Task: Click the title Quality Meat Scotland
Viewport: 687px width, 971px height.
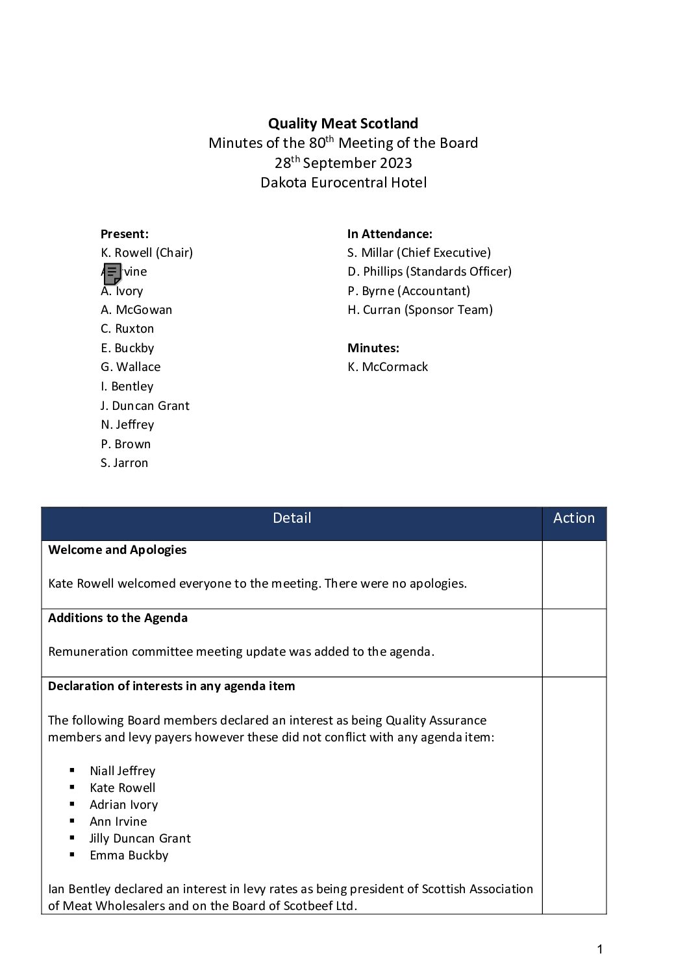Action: (343, 123)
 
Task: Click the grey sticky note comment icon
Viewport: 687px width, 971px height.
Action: (112, 273)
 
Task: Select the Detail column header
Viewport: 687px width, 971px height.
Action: (292, 518)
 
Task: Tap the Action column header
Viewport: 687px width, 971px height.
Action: (573, 518)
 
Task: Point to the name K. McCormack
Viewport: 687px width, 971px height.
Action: (388, 367)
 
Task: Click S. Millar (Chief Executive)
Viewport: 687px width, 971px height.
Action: (419, 253)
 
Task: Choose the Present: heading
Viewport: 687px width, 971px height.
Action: (125, 234)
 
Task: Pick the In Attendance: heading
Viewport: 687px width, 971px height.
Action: (390, 234)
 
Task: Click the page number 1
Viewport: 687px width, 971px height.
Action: (599, 950)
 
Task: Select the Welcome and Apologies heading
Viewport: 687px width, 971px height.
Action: (117, 550)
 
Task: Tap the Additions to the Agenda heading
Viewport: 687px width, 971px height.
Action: (118, 618)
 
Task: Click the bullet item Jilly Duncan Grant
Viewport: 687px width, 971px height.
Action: (140, 839)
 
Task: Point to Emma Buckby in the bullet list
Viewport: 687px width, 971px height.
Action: (129, 856)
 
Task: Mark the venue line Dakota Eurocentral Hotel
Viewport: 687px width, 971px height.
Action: (343, 182)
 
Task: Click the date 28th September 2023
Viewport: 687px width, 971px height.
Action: (343, 163)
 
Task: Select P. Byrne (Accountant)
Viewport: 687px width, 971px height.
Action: (408, 291)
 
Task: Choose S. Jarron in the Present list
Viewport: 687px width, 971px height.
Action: (124, 463)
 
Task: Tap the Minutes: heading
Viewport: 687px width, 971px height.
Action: (373, 348)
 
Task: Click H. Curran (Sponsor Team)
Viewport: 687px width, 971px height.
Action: (420, 310)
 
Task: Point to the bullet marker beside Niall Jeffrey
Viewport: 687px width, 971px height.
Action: (71, 771)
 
